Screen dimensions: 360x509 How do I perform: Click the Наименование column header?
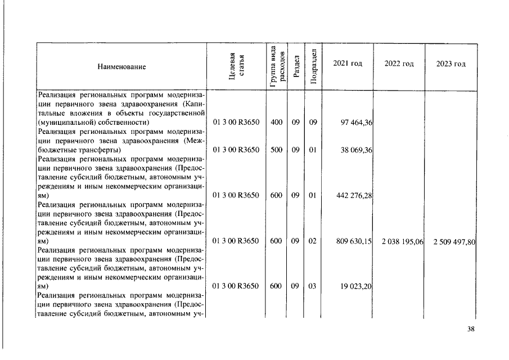[x=121, y=66]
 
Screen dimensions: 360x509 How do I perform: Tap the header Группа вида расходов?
[x=276, y=66]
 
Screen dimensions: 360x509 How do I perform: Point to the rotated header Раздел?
[x=296, y=66]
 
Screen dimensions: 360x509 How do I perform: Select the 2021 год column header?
[x=348, y=64]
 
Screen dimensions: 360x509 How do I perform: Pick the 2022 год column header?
[x=399, y=64]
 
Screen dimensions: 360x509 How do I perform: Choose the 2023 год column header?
[x=451, y=64]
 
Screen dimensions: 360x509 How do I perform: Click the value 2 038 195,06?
[x=403, y=241]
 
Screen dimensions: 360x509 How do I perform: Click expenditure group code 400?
[x=276, y=121]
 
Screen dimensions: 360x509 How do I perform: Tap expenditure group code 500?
[x=276, y=151]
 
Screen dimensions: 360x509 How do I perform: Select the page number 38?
[x=471, y=330]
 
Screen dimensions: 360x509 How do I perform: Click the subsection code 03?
[x=313, y=286]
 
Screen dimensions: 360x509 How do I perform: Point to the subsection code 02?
[x=313, y=241]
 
